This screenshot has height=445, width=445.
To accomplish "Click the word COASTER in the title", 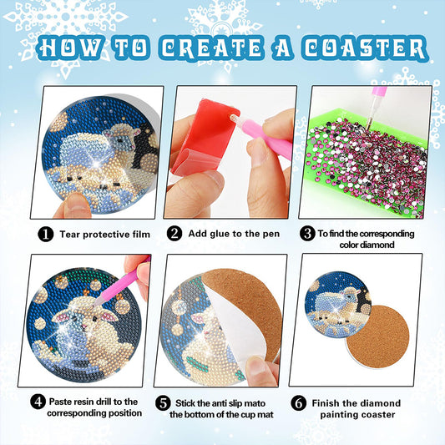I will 361,47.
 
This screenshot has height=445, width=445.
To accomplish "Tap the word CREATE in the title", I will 202,47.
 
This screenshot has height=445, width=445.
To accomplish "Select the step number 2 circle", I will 174,234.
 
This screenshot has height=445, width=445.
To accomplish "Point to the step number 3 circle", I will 307,234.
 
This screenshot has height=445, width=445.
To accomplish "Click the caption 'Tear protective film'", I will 104,235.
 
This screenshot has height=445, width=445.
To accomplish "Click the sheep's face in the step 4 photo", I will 93,318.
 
